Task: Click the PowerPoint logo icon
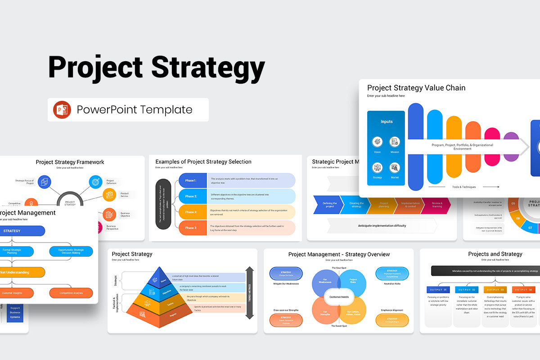click(62, 110)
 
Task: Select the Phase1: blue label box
click(191, 180)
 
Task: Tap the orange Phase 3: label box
click(191, 212)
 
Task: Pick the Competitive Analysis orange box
click(72, 293)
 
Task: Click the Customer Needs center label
click(339, 297)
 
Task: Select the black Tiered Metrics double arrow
click(249, 293)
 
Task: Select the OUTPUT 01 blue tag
click(438, 289)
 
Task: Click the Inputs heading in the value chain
click(386, 121)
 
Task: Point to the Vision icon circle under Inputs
click(377, 142)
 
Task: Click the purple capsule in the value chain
click(511, 147)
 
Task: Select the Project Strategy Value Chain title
click(416, 88)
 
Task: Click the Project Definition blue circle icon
click(96, 182)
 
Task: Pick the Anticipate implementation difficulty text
click(382, 225)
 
